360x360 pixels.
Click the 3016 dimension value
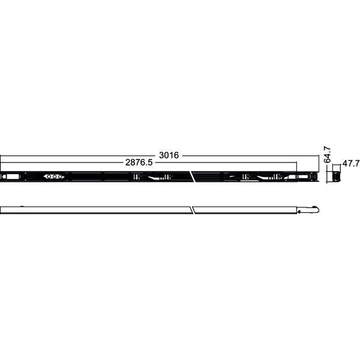169,155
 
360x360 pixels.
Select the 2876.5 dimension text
139,163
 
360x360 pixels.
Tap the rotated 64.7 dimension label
328,154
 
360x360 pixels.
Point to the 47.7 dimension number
350,163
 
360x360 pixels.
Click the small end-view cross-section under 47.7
337,177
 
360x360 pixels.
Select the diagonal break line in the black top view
192,177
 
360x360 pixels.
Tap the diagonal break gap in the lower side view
193,210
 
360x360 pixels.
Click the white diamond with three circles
54,177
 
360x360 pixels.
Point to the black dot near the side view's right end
299,211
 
